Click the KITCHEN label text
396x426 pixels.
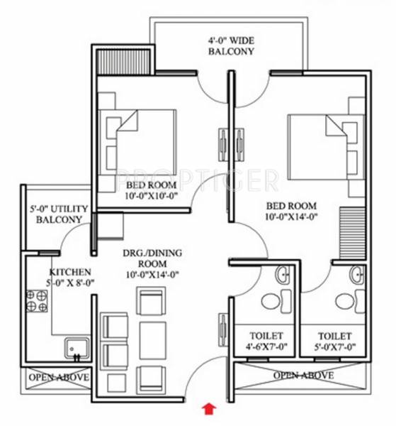pos(70,272)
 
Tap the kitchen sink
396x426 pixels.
pos(74,348)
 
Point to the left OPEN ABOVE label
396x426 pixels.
pos(58,377)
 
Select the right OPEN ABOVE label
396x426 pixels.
pos(304,375)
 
